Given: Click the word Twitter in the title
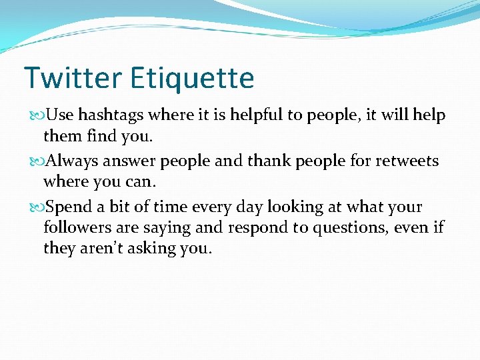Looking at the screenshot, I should point(73,78).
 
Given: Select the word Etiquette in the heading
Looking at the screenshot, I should point(192,78).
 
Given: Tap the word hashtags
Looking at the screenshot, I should point(111,115).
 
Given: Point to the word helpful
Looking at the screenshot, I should point(257,115).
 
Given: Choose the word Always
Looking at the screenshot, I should point(71,161).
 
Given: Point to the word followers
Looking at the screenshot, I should point(75,228).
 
